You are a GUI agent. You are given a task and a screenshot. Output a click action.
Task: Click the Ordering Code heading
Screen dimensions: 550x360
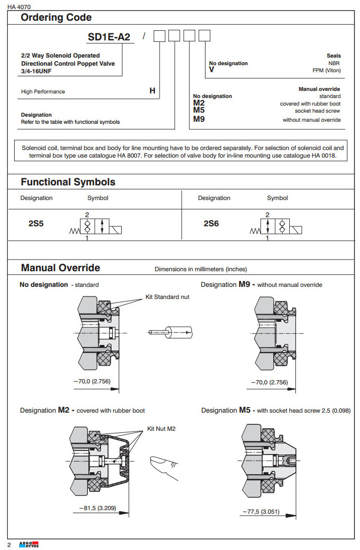click(56, 18)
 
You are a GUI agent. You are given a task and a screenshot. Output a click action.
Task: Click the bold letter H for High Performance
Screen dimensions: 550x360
click(152, 91)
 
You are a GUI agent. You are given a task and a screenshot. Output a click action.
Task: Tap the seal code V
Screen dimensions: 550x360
click(212, 70)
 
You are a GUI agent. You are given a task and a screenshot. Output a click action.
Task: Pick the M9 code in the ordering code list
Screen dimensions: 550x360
click(199, 119)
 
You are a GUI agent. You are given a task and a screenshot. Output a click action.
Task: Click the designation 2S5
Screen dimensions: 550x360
click(36, 223)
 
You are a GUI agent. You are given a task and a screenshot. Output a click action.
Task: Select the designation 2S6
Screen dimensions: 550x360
click(211, 223)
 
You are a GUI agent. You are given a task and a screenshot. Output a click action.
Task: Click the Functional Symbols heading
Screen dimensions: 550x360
click(68, 182)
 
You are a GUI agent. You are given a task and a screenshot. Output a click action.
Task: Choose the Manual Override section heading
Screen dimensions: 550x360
click(60, 268)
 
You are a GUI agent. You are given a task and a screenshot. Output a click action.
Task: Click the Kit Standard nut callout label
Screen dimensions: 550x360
click(167, 297)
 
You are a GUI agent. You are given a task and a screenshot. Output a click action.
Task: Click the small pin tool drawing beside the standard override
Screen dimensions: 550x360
click(172, 332)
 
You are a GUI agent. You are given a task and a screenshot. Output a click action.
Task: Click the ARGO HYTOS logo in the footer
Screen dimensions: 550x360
click(28, 544)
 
